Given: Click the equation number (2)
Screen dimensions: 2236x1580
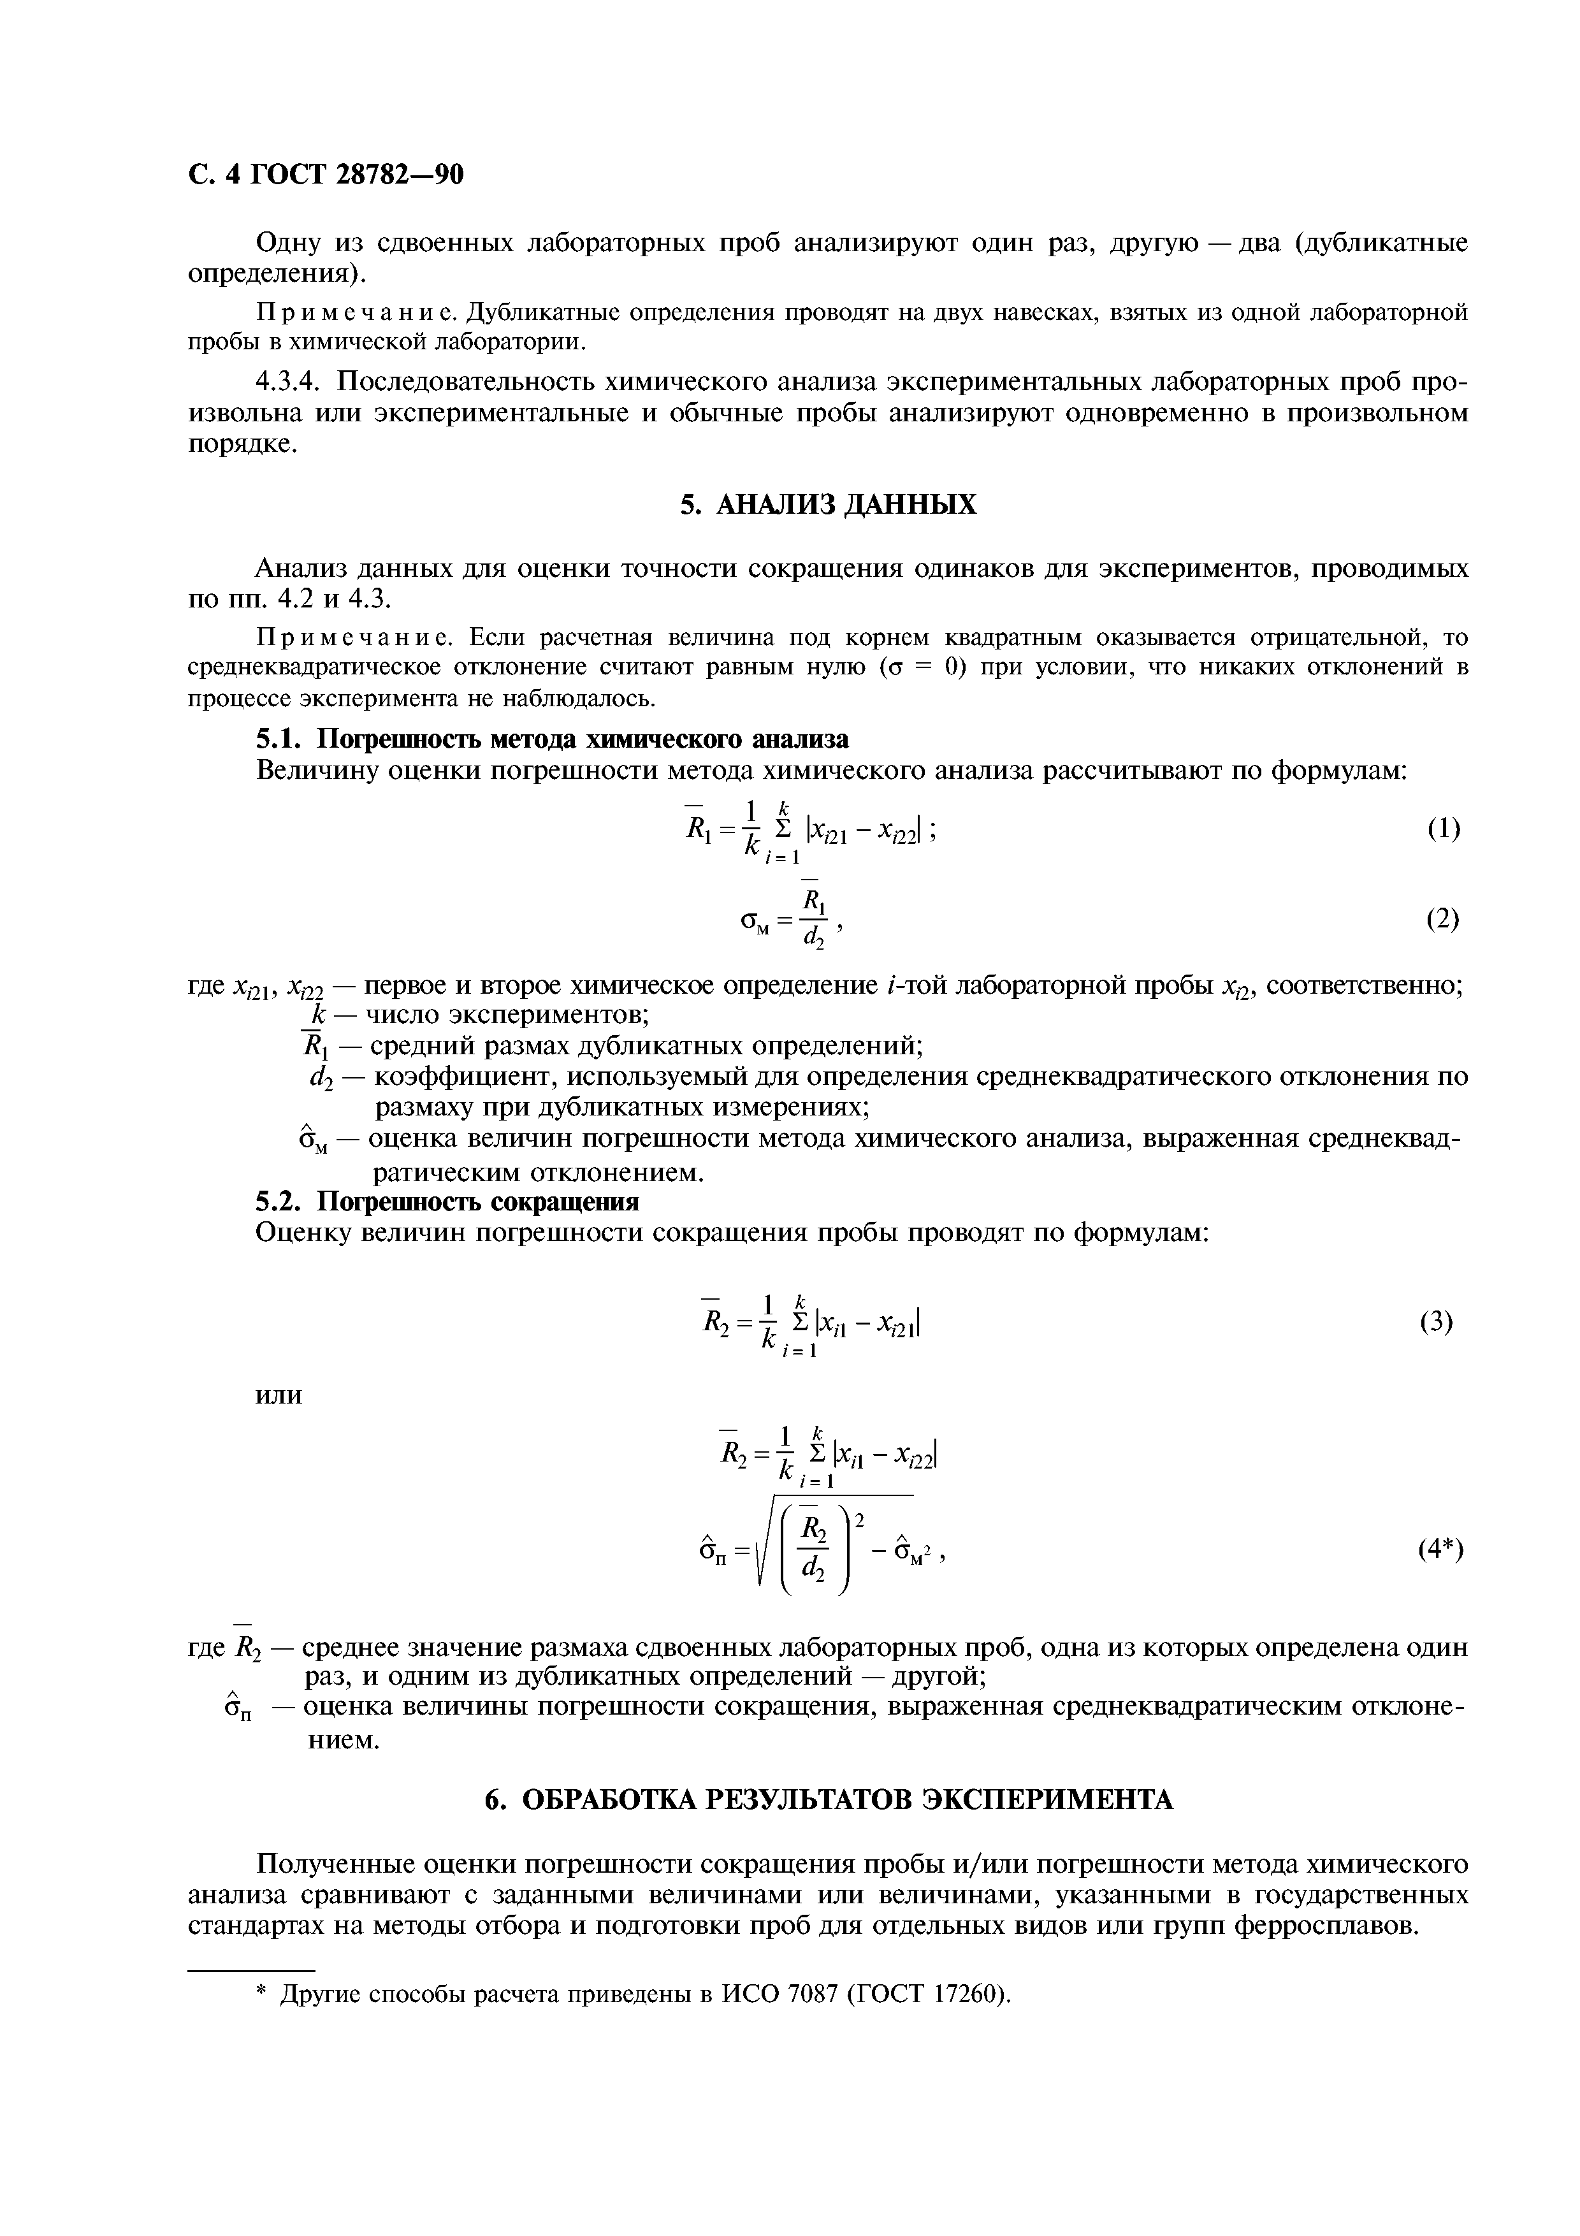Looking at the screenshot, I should (x=1443, y=918).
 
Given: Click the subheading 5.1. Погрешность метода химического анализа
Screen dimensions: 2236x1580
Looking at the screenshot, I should (x=552, y=739).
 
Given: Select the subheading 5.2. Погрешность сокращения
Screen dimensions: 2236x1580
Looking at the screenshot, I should (x=447, y=1201).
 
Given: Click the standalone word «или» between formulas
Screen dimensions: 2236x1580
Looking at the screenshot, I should (x=279, y=1395).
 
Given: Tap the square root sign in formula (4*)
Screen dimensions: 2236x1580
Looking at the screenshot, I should (x=764, y=1546).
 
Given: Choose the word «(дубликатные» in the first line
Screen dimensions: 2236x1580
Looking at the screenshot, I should (x=1373, y=242).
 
